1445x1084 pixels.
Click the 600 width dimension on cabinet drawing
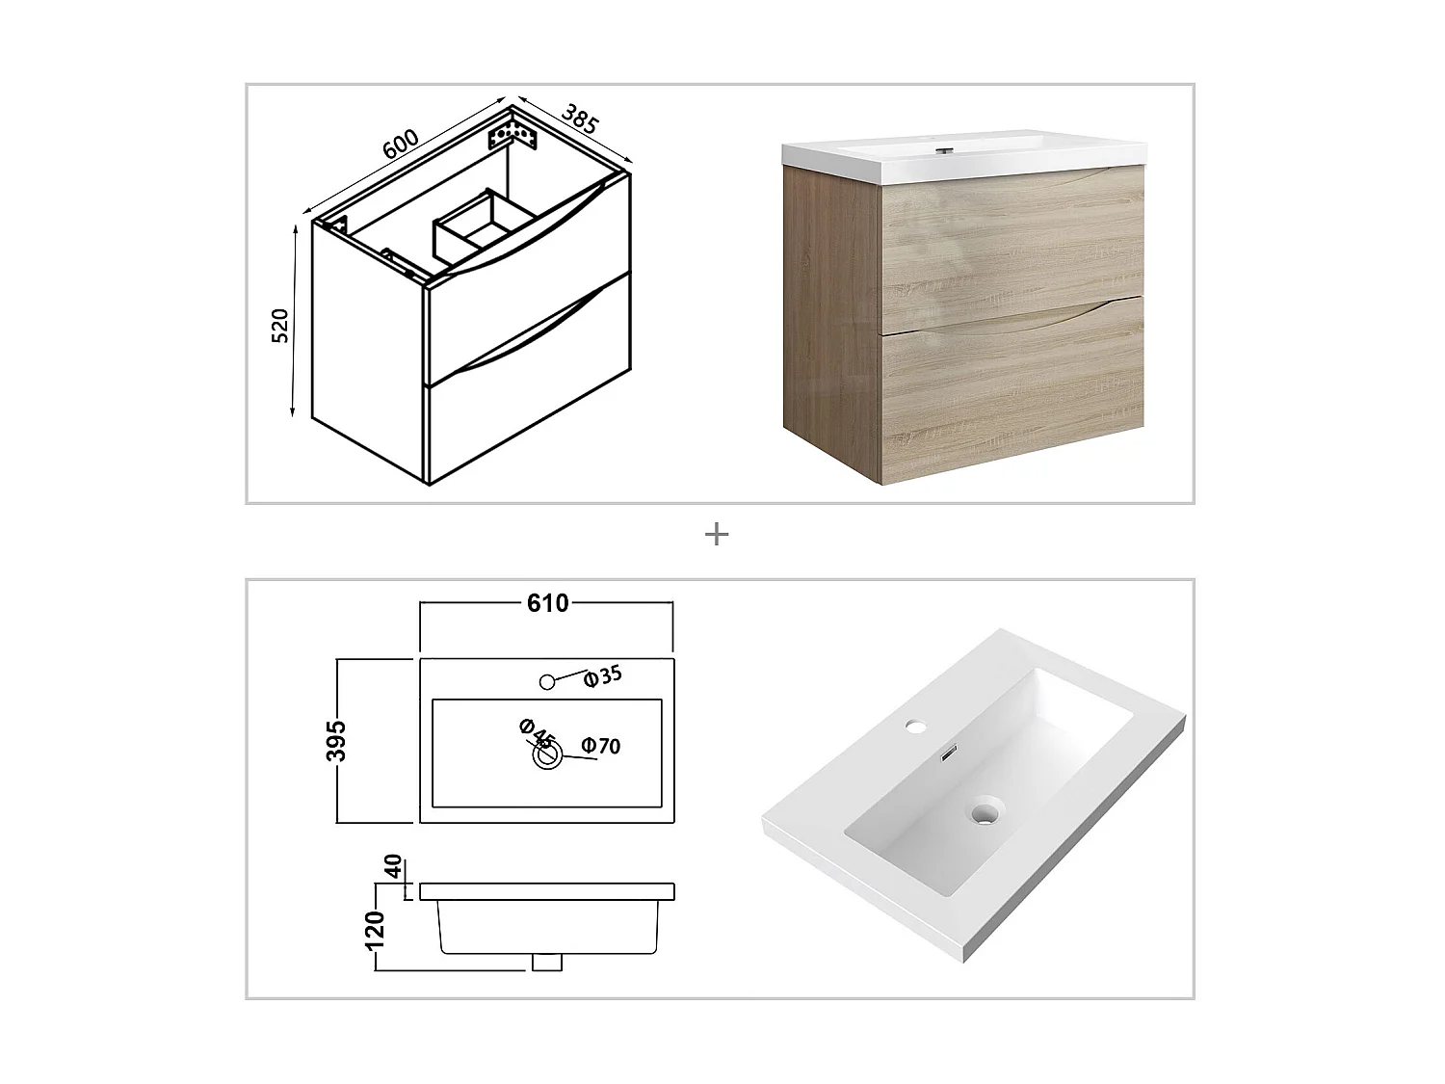tap(401, 144)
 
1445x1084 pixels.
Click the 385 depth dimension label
tap(580, 119)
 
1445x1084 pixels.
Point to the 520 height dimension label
tap(280, 328)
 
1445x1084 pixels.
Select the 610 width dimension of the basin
tap(546, 603)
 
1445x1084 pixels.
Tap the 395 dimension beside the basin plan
tap(336, 740)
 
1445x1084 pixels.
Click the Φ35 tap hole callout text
tap(604, 675)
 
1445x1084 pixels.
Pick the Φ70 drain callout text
tap(601, 746)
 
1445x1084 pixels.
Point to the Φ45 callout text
tap(538, 733)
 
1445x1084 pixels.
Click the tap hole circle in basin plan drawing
tap(547, 682)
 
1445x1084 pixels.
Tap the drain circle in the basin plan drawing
tap(548, 756)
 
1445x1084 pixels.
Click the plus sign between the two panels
tap(716, 534)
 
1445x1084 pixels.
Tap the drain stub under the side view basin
tap(547, 961)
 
